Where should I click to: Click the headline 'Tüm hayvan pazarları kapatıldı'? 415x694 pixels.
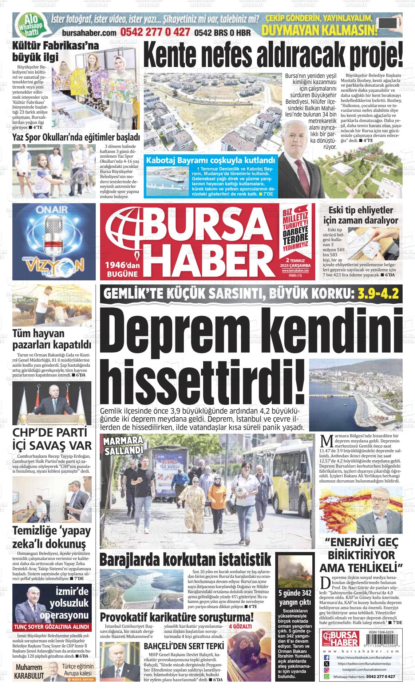(51, 339)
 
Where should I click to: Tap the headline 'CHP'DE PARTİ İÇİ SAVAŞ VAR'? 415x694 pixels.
(52, 439)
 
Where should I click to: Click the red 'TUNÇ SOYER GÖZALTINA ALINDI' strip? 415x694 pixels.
(51, 627)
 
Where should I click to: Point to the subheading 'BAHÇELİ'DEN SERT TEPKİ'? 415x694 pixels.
(184, 647)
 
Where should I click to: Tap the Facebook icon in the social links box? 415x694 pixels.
(327, 657)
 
